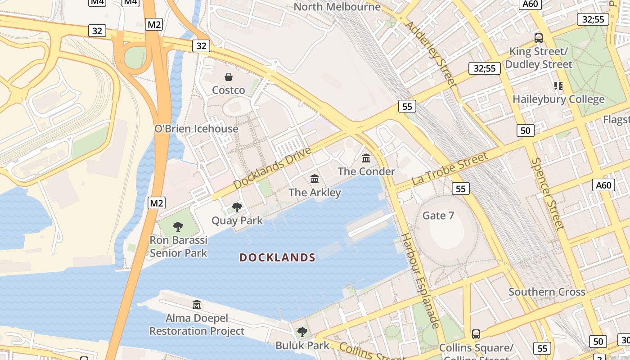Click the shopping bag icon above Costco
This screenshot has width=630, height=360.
pyautogui.click(x=229, y=77)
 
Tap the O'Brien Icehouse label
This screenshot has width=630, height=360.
pyautogui.click(x=196, y=129)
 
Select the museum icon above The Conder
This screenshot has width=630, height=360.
pyautogui.click(x=366, y=158)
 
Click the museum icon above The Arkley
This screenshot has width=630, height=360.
pyautogui.click(x=315, y=179)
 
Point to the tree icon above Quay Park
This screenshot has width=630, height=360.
pyautogui.click(x=237, y=207)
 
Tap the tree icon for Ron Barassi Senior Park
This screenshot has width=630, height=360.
pyautogui.click(x=178, y=226)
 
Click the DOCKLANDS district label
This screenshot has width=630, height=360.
pyautogui.click(x=277, y=257)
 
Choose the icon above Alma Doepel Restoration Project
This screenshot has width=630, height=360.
pyautogui.click(x=196, y=305)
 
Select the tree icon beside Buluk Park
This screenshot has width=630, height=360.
pyautogui.click(x=302, y=333)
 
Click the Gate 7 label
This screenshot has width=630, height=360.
pyautogui.click(x=438, y=216)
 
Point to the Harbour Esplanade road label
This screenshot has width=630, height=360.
pyautogui.click(x=420, y=280)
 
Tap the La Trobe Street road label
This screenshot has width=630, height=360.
pyautogui.click(x=450, y=169)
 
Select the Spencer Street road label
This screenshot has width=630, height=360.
pyautogui.click(x=547, y=193)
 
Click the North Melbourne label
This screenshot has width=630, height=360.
pyautogui.click(x=337, y=7)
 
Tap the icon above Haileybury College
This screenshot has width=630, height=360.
pyautogui.click(x=558, y=85)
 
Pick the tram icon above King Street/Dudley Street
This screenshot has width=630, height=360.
pyautogui.click(x=538, y=38)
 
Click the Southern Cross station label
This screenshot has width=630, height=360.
pyautogui.click(x=547, y=292)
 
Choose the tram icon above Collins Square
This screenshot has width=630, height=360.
pyautogui.click(x=476, y=334)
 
